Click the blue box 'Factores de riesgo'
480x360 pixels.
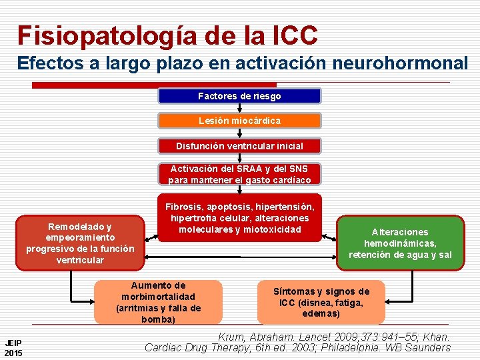click(239, 96)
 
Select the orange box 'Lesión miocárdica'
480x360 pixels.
click(239, 121)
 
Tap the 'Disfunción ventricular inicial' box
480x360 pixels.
click(239, 145)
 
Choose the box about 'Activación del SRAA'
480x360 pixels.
click(239, 174)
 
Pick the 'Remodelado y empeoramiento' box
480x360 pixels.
click(80, 243)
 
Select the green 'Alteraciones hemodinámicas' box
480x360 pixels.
click(400, 243)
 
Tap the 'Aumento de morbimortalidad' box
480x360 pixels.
click(159, 302)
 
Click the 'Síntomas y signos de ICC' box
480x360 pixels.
click(321, 302)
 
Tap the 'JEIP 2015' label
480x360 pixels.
click(13, 347)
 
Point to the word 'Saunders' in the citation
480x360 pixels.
click(428, 347)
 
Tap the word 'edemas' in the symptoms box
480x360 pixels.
click(321, 313)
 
